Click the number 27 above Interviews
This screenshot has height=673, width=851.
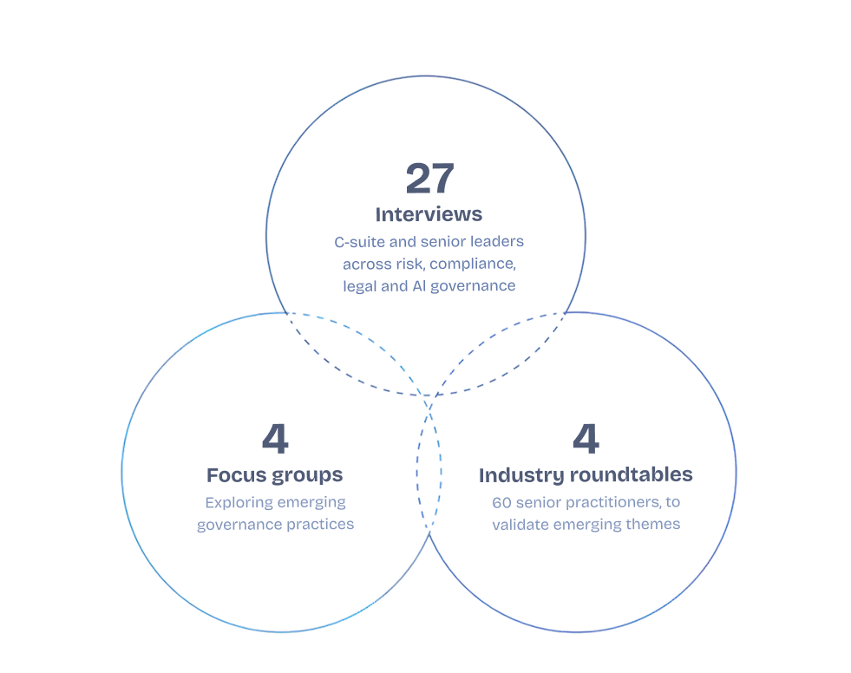(429, 179)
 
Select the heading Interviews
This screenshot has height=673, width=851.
(429, 213)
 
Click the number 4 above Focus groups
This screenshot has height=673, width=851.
(274, 440)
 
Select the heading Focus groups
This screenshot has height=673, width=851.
(274, 475)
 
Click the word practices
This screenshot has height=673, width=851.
(323, 524)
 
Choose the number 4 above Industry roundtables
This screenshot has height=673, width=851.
(586, 440)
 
